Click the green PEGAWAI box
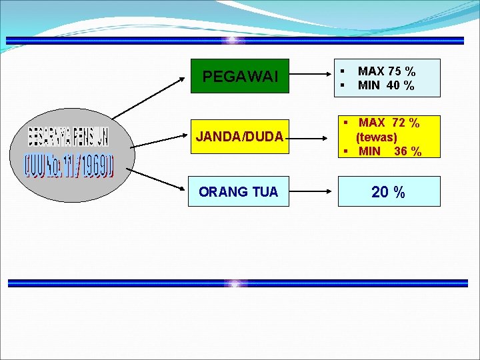click(240, 77)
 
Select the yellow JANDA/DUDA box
click(240, 137)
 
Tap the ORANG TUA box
click(238, 192)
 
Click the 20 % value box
click(389, 192)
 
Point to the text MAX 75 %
click(387, 71)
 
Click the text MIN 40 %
click(385, 85)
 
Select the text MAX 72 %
click(389, 123)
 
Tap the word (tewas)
click(376, 137)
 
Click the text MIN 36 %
click(389, 151)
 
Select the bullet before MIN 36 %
click(347, 151)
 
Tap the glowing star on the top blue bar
click(233, 40)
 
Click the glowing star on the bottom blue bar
click(235, 283)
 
